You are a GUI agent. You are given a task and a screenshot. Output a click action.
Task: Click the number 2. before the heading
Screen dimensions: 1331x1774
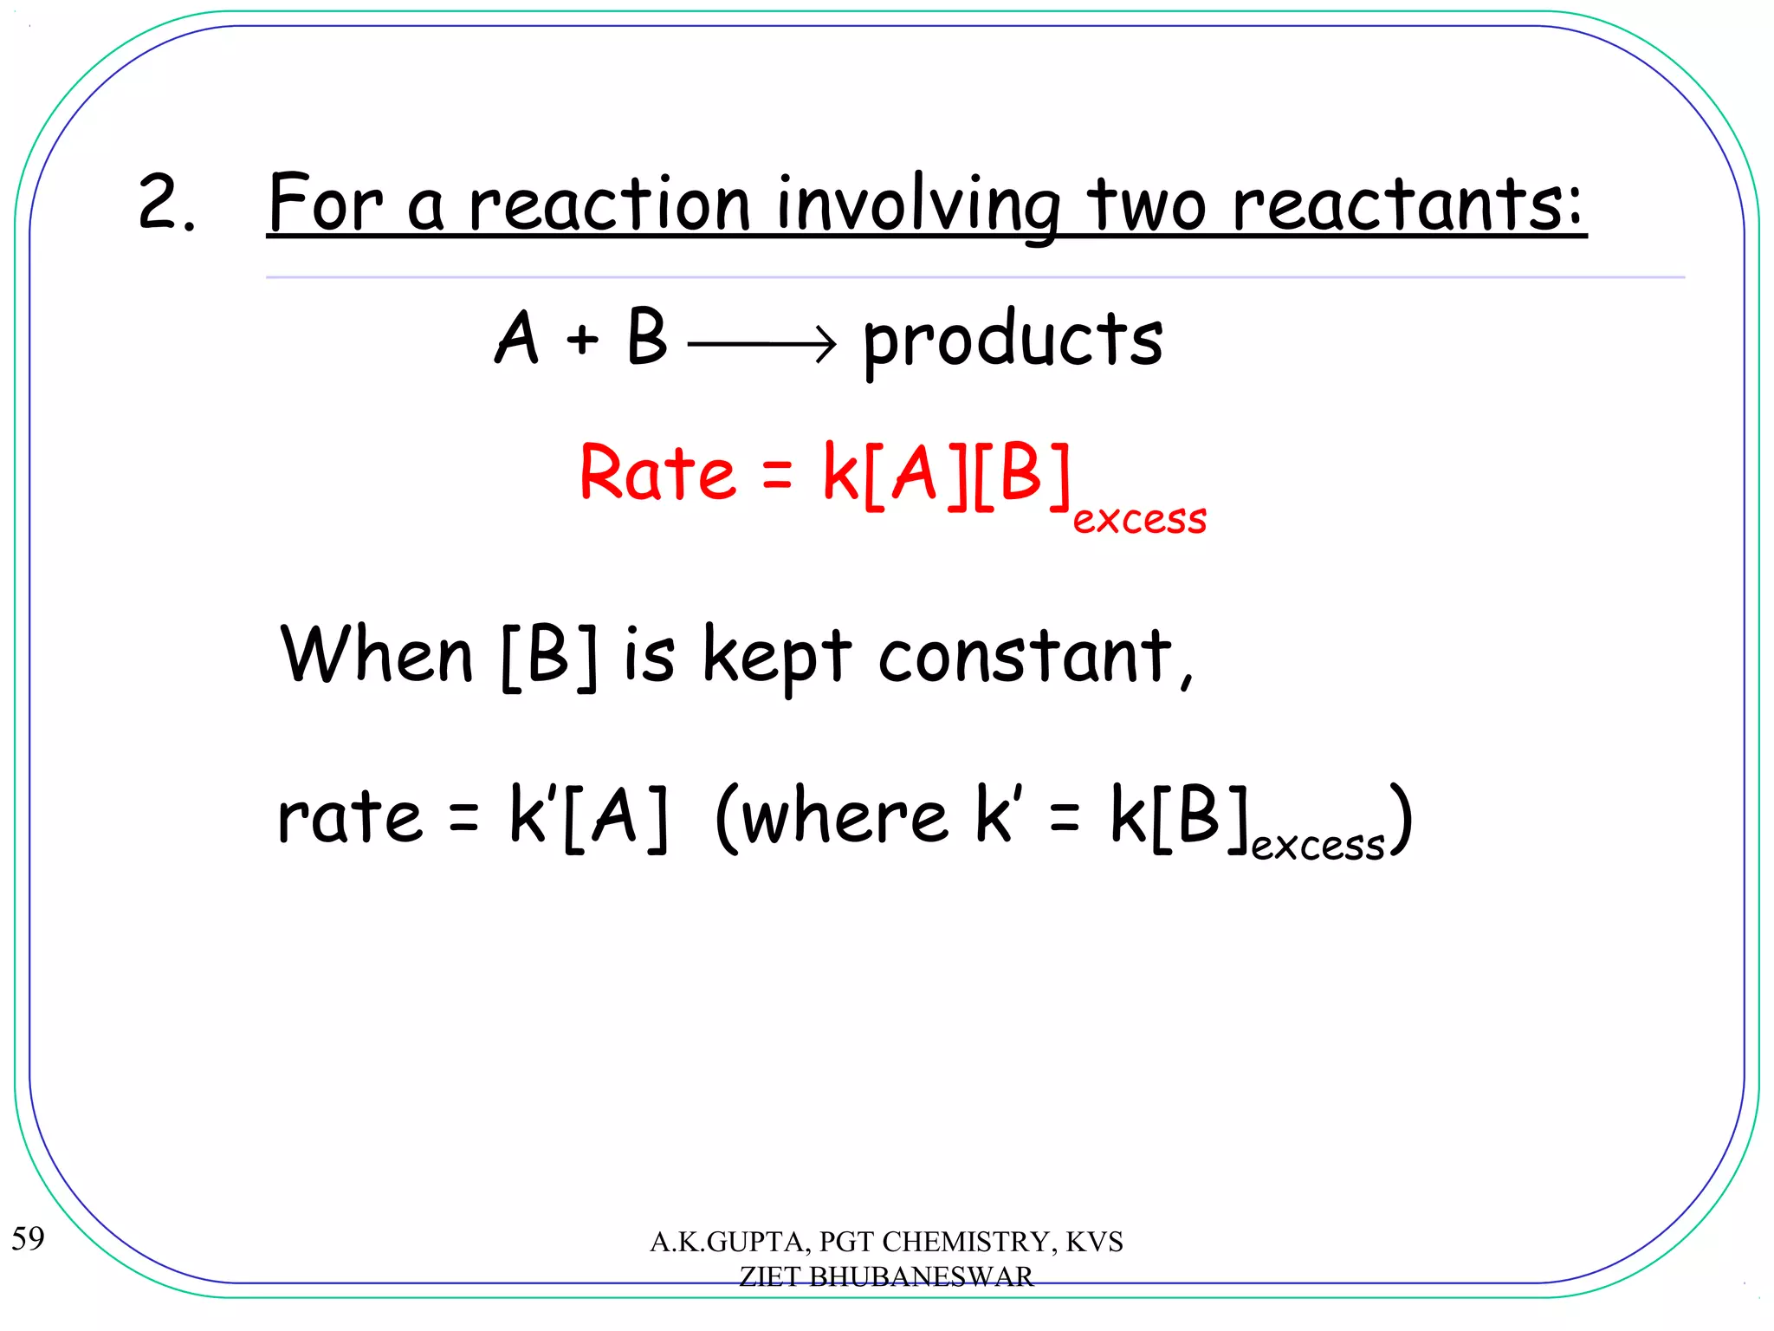coord(166,203)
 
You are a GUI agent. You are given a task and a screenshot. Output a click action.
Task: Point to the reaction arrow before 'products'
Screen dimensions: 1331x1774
coord(762,345)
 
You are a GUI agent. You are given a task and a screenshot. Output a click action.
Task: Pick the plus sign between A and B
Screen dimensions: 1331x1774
coord(583,339)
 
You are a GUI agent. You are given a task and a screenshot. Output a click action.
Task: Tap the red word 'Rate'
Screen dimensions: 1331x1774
coord(657,473)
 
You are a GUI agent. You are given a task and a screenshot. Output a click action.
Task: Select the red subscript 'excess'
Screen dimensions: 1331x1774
coord(1139,519)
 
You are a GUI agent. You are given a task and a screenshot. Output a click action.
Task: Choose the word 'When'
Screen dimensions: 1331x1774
coord(377,655)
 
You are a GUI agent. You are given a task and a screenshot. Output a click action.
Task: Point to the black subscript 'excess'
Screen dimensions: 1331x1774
coord(1318,845)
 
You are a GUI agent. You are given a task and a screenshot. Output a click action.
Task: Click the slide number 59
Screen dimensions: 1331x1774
coord(28,1238)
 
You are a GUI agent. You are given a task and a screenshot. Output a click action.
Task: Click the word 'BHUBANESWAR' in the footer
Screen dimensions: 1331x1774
coord(921,1276)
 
